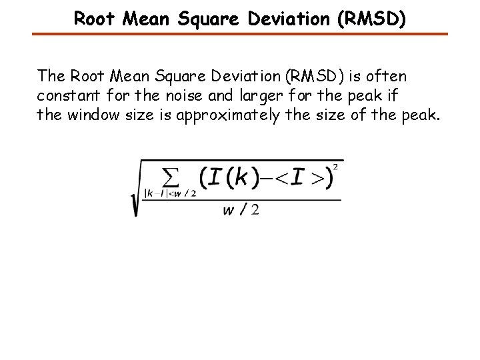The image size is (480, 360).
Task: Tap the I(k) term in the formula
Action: tap(227, 178)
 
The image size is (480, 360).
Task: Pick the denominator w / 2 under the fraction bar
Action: tap(242, 210)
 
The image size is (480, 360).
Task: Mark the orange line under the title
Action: tap(240, 33)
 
